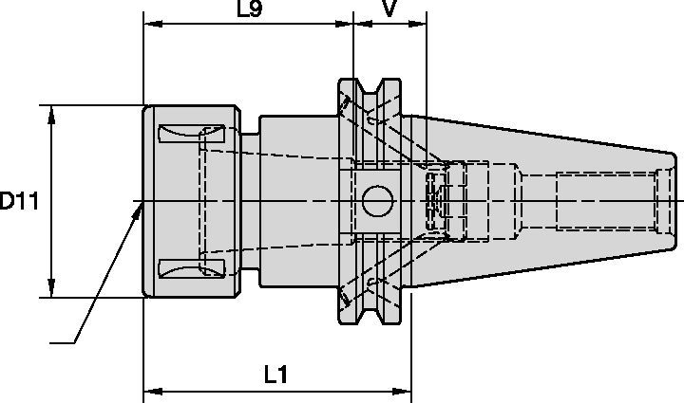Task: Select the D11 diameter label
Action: [19, 201]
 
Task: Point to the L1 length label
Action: [275, 375]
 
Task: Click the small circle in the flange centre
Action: [376, 201]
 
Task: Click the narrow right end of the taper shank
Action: [669, 201]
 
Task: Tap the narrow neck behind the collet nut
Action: [249, 201]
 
